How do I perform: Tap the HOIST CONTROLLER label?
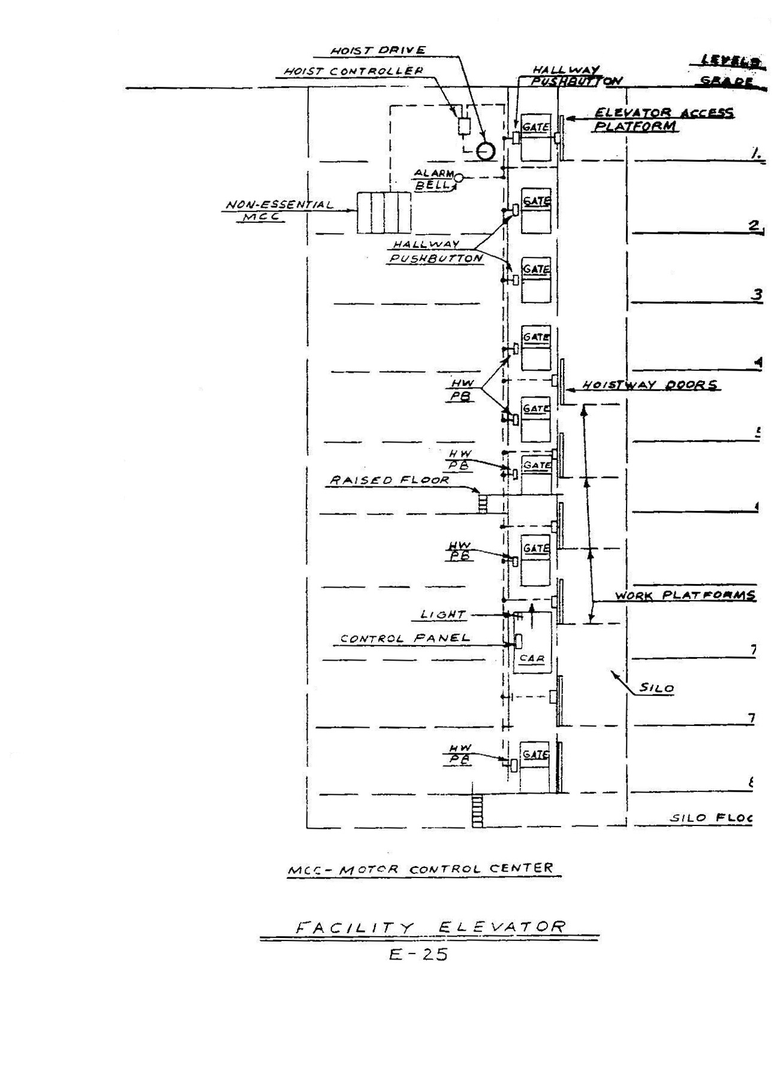(353, 71)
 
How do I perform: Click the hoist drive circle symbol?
(486, 151)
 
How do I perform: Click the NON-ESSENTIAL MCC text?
(279, 210)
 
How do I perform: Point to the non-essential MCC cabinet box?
(384, 213)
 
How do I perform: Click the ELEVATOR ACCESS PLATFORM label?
(663, 119)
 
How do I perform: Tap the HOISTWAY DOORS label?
(650, 385)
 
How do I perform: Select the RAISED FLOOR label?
(389, 480)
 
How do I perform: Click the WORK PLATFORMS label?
(685, 595)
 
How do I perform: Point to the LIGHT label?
(443, 615)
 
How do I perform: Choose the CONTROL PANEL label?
(405, 639)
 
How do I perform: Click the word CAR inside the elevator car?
(532, 658)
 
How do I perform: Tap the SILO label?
(656, 688)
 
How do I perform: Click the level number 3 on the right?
(757, 294)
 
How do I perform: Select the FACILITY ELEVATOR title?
(430, 927)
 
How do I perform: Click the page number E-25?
(418, 954)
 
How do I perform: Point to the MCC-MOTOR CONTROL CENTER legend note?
(420, 869)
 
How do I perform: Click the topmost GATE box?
(535, 137)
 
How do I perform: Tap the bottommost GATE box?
(535, 767)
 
